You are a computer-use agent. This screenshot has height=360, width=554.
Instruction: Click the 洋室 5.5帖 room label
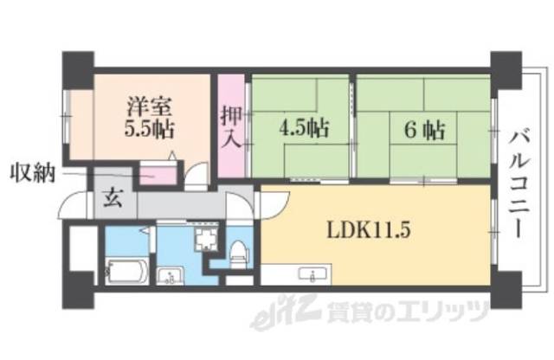[149, 119]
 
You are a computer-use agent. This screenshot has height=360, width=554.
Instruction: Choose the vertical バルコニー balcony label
[520, 183]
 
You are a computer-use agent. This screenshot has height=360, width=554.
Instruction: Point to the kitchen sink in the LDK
[310, 275]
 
